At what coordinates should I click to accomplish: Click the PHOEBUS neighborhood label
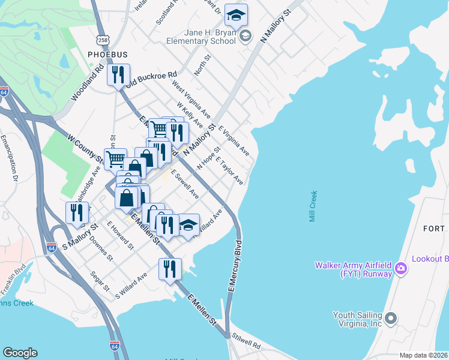point(107,55)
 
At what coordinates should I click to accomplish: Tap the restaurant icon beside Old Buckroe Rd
point(118,75)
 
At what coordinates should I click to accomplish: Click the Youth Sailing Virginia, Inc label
point(358,318)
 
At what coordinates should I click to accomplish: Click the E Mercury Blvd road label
point(234,266)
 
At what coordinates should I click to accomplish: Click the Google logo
point(20,353)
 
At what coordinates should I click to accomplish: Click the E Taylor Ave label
point(231,172)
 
